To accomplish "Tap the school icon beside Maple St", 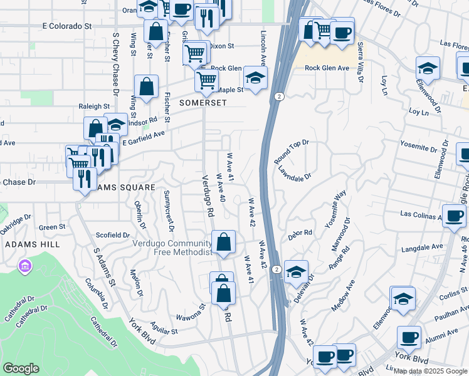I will (255, 78).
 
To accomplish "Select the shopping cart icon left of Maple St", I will (206, 80).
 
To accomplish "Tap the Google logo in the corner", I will (21, 368).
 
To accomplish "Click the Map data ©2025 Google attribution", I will (430, 371).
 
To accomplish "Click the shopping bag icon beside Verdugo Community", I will (223, 242).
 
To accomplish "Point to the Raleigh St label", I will (94, 107).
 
